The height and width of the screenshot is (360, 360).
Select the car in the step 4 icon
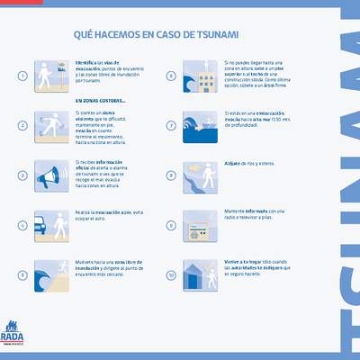[x=45, y=227]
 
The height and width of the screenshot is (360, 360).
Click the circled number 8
[x=172, y=175]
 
